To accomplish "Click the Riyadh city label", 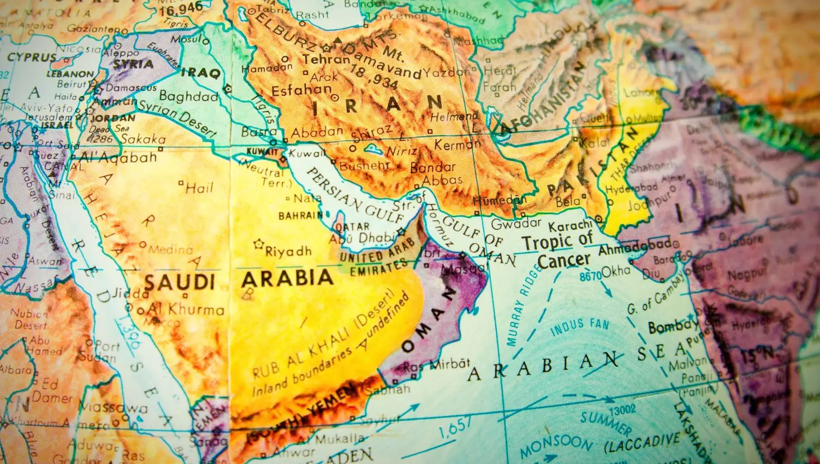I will (x=288, y=252).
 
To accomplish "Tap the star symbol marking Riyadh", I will (x=258, y=244).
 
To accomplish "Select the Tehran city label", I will (x=310, y=60).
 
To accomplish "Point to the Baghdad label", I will (x=188, y=96).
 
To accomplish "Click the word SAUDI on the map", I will (x=179, y=281).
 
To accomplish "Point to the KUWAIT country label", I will (x=261, y=152).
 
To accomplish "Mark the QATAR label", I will (x=352, y=226).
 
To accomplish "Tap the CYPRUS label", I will (x=32, y=57).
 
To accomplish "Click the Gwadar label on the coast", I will (x=516, y=223).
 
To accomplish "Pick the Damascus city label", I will (x=124, y=88).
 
